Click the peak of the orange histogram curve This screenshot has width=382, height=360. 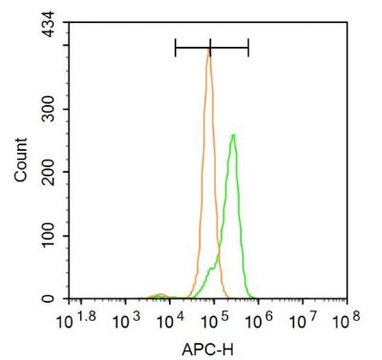click(208, 53)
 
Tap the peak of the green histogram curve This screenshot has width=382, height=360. click(233, 136)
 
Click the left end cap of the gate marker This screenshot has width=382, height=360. click(176, 46)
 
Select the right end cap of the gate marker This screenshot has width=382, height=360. click(248, 46)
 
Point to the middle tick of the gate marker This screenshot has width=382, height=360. click(210, 46)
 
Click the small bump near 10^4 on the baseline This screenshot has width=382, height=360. click(160, 296)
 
